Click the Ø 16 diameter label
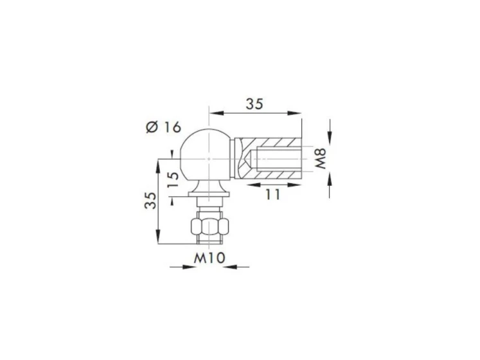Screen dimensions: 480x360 [x=163, y=127]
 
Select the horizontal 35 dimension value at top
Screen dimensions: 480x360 [x=254, y=104]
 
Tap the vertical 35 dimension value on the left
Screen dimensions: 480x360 [x=150, y=201]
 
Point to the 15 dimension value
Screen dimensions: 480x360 [x=173, y=179]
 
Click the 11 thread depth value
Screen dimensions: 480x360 [x=272, y=194]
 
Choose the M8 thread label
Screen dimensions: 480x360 [x=321, y=159]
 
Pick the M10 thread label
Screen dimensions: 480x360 [x=209, y=258]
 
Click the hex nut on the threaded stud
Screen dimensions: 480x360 [x=209, y=226]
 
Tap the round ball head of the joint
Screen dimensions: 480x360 [x=205, y=155]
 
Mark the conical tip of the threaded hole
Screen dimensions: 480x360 [x=248, y=159]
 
